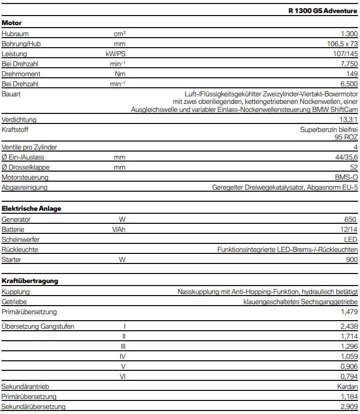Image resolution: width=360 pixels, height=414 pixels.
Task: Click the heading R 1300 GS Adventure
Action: point(323,11)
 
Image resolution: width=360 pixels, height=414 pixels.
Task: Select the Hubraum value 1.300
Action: point(349,34)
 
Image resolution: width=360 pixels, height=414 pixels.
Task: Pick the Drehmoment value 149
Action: point(352,74)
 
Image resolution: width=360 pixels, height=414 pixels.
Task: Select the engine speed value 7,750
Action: point(348,64)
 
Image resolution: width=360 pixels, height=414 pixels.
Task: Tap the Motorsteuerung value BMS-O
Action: point(346,177)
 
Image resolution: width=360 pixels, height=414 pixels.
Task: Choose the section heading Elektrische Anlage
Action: point(32,208)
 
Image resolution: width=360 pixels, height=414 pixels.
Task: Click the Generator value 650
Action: point(350,219)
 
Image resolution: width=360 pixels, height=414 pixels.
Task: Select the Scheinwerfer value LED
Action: point(351,239)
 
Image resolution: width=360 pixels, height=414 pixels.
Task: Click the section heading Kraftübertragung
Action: point(30,281)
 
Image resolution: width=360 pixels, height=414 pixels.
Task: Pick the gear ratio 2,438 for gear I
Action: point(348,326)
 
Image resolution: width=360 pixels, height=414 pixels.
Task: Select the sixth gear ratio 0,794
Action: point(348,376)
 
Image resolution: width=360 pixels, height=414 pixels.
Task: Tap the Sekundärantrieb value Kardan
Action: point(347,386)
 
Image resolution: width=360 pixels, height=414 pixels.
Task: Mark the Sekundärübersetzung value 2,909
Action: point(348,406)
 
